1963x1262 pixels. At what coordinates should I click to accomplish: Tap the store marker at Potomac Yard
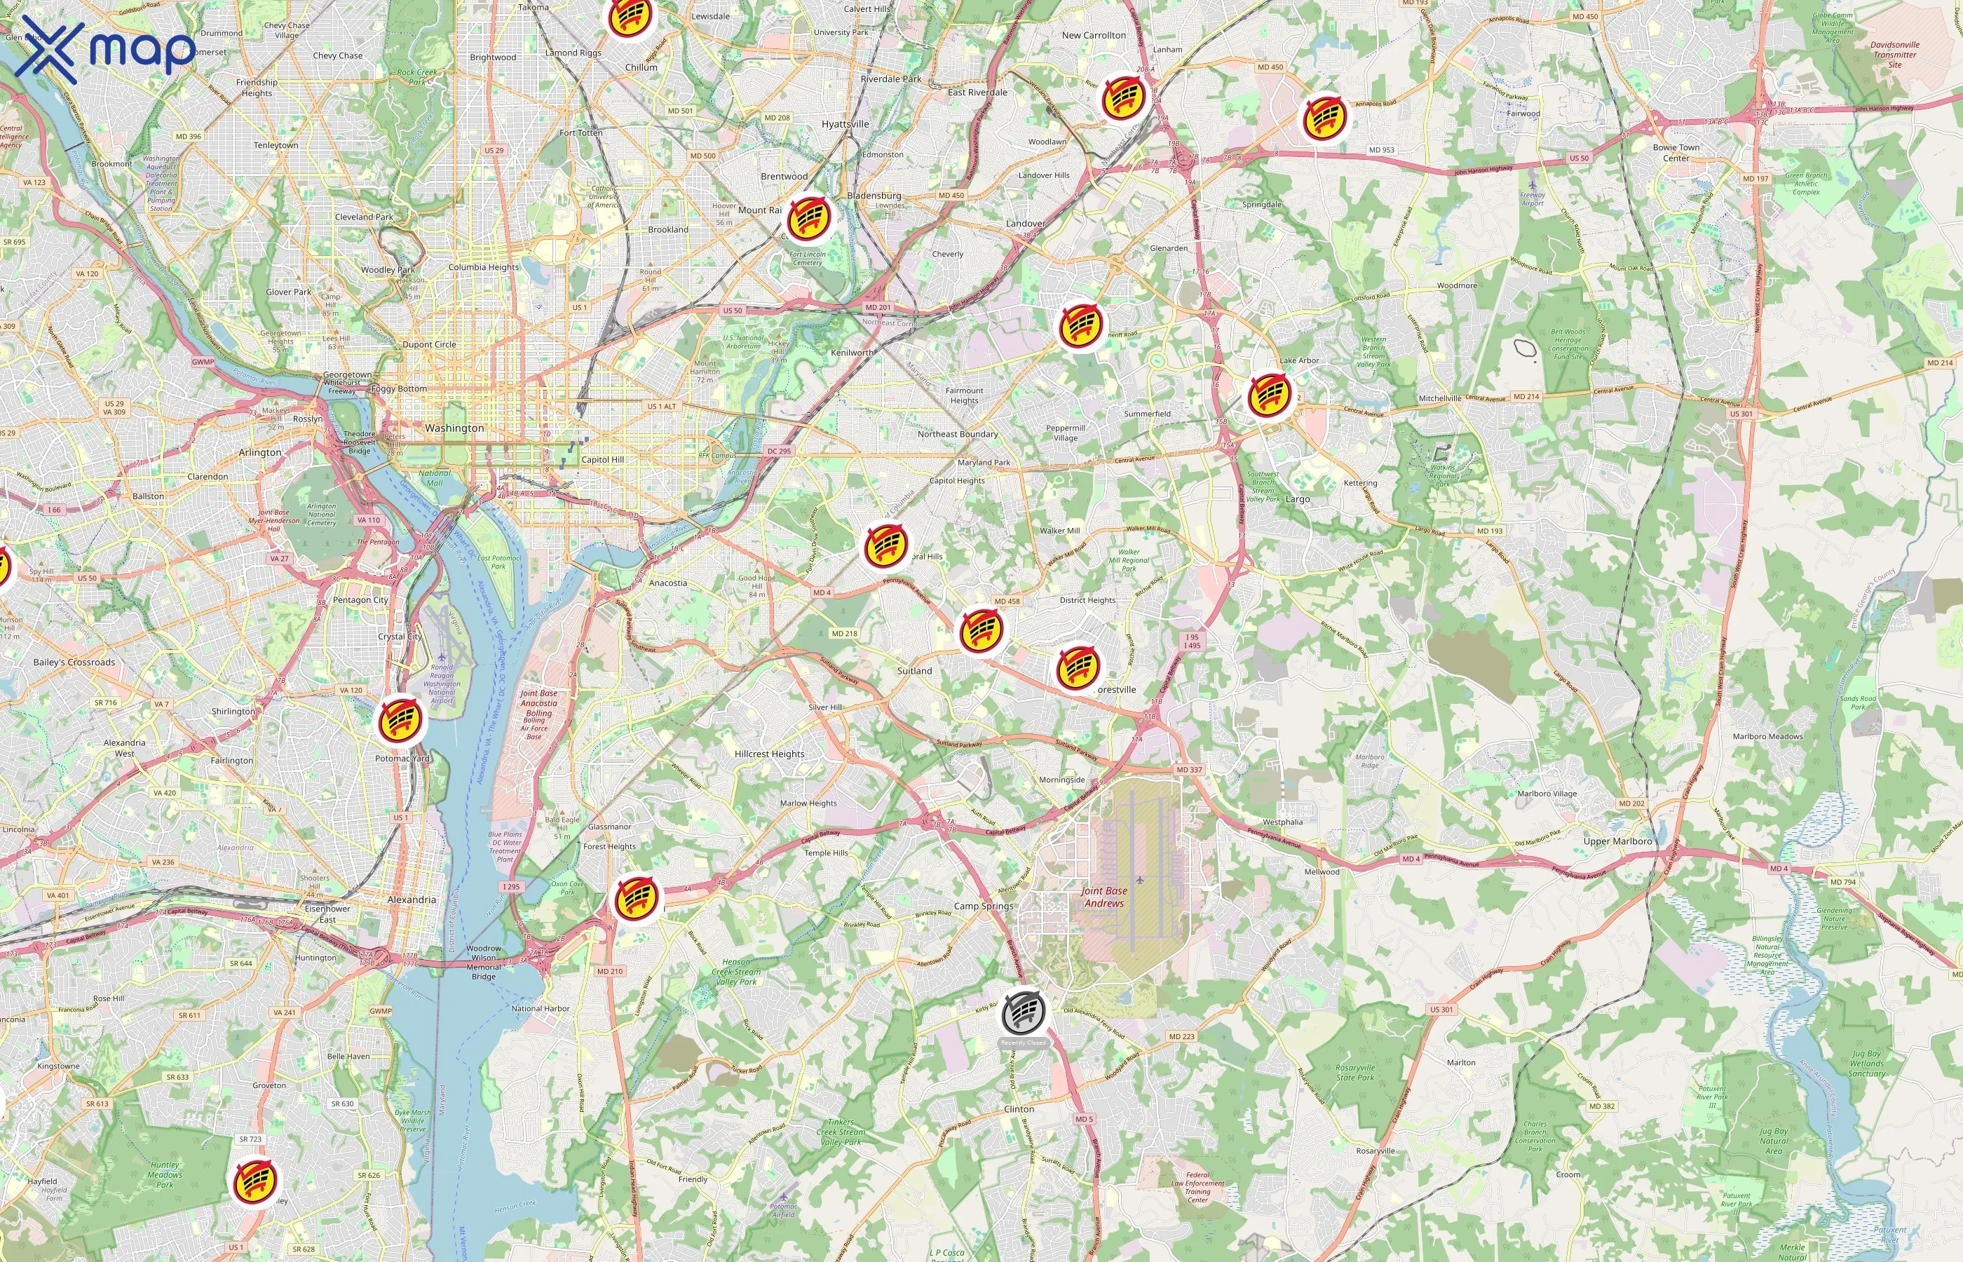click(x=400, y=719)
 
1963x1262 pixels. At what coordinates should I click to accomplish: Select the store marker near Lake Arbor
click(x=1269, y=394)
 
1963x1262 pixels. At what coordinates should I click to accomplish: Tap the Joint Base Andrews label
click(x=1103, y=897)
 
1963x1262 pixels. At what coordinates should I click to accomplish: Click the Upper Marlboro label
click(x=1617, y=841)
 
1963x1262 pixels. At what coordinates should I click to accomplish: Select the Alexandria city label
click(x=412, y=899)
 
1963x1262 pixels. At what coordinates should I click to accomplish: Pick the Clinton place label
click(x=1019, y=1108)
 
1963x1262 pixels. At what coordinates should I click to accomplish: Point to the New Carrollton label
click(x=1093, y=35)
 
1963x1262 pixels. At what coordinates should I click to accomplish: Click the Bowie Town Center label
click(x=1676, y=152)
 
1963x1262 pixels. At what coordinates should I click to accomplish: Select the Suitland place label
click(x=914, y=670)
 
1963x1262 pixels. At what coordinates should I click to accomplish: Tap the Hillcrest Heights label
click(x=769, y=754)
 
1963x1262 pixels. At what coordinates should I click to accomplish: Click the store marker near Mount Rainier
click(x=808, y=217)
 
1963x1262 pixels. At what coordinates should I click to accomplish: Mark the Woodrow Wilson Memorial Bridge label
click(x=483, y=962)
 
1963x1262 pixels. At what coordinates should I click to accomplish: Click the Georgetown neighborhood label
click(x=346, y=374)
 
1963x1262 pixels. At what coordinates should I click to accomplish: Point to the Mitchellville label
click(x=1439, y=398)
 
